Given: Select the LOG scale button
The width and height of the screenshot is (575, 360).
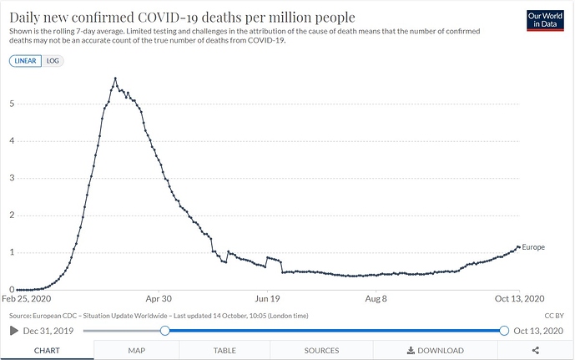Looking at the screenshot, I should pyautogui.click(x=52, y=61).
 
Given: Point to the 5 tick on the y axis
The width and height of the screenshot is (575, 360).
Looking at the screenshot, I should pyautogui.click(x=12, y=104).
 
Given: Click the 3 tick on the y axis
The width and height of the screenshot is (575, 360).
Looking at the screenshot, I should pyautogui.click(x=12, y=178).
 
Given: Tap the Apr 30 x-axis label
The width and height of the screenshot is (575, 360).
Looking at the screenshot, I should pyautogui.click(x=159, y=298).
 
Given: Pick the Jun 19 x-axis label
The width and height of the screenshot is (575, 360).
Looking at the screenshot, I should pyautogui.click(x=267, y=298).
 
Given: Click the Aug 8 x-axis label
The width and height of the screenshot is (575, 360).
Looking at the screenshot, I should pyautogui.click(x=376, y=298).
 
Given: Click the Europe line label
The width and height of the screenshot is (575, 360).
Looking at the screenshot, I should pyautogui.click(x=533, y=247).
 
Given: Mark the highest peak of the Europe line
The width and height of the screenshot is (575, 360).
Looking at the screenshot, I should pyautogui.click(x=115, y=79).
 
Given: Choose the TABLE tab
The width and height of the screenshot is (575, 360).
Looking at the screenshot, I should pyautogui.click(x=224, y=351).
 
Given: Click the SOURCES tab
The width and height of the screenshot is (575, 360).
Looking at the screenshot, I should pyautogui.click(x=321, y=351).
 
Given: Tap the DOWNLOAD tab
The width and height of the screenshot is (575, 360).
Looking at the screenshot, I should pyautogui.click(x=435, y=351).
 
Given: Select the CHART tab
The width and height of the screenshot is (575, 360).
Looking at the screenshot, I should pyautogui.click(x=46, y=351).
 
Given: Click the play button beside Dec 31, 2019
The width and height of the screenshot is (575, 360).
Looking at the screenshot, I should pyautogui.click(x=13, y=331).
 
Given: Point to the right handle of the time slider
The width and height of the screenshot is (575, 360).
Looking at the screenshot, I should pyautogui.click(x=504, y=331).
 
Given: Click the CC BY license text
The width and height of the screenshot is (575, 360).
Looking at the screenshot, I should pyautogui.click(x=554, y=315).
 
